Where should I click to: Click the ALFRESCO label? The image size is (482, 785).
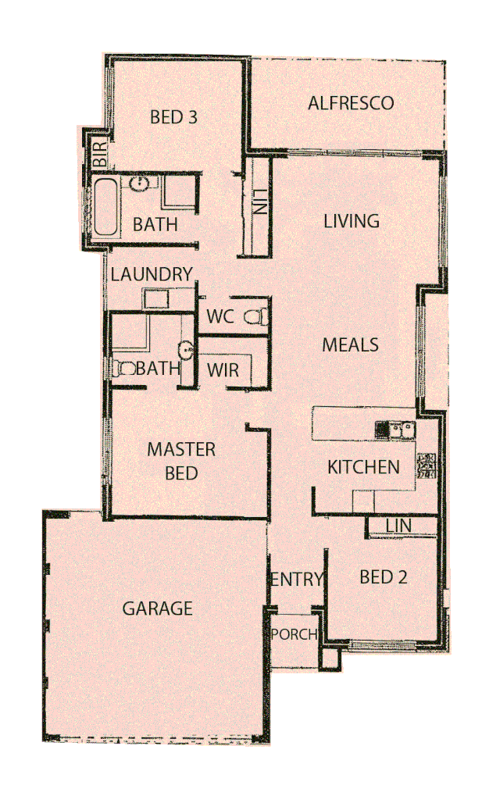(350, 103)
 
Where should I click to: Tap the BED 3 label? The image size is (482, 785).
(173, 118)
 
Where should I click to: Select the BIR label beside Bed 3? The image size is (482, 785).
(100, 154)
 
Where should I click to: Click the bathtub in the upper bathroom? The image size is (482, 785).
(105, 207)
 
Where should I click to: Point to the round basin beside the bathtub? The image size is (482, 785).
(139, 184)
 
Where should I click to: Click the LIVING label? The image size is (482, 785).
(352, 221)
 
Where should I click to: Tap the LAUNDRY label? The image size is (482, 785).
(152, 274)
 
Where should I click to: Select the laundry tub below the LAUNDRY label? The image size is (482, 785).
(155, 299)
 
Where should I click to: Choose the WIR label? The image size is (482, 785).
(223, 369)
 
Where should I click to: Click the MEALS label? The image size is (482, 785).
(351, 344)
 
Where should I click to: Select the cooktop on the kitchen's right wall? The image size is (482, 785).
(427, 466)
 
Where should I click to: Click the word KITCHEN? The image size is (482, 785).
(363, 467)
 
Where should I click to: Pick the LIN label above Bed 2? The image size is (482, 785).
(399, 526)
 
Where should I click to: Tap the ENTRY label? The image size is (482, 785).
(297, 579)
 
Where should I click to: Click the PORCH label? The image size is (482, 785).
(294, 634)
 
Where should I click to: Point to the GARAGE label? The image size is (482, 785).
(157, 608)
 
